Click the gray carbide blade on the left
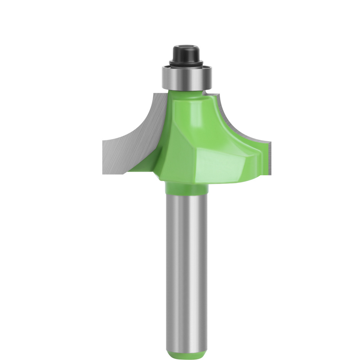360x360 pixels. [130, 144]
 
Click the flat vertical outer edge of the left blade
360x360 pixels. [103, 157]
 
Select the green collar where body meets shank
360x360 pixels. [186, 189]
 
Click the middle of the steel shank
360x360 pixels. [186, 266]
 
